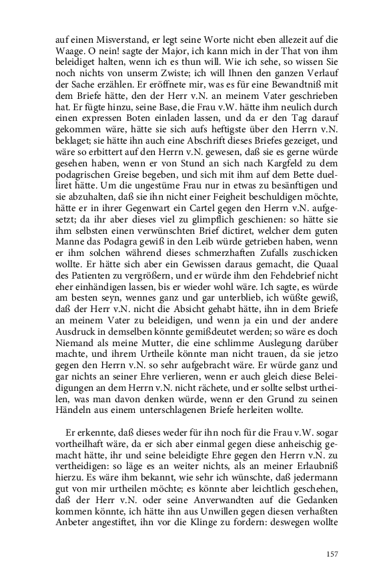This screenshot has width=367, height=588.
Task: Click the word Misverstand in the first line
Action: click(x=102, y=39)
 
